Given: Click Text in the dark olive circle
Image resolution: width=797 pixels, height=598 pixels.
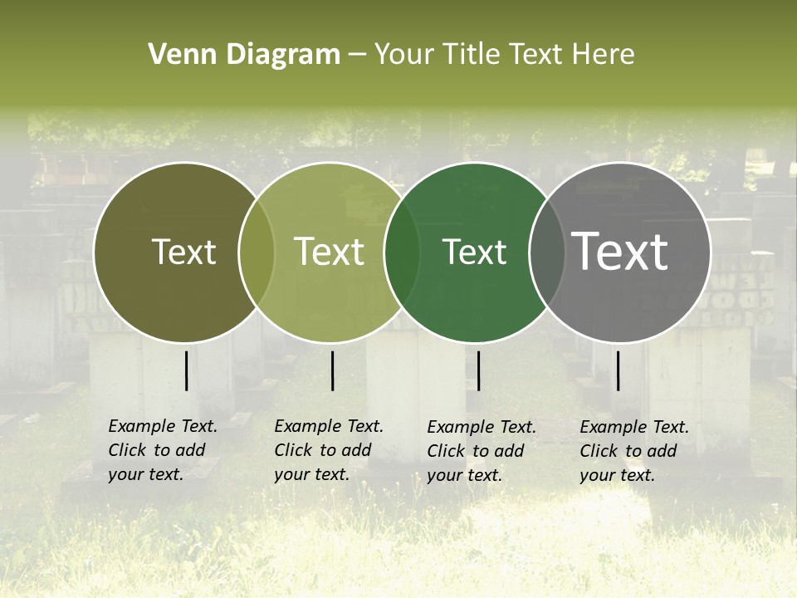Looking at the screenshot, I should click(x=183, y=252).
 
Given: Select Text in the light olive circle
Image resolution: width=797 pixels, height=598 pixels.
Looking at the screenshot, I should click(x=330, y=252).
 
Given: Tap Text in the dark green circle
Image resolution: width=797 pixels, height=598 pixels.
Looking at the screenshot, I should click(x=474, y=252).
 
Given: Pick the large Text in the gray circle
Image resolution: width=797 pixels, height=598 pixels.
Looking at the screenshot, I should click(x=620, y=252).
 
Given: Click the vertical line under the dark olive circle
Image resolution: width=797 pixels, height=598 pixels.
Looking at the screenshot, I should click(x=186, y=370).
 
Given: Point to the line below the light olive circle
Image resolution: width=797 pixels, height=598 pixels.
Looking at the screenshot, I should click(x=332, y=370).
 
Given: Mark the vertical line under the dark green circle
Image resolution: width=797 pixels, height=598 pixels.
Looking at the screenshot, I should click(x=478, y=370).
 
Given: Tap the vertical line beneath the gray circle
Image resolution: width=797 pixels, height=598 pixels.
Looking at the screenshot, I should click(x=618, y=370).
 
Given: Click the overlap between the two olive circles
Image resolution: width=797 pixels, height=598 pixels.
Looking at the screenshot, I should click(x=257, y=252).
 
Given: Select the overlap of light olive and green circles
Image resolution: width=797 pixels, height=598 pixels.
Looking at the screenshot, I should click(x=402, y=252).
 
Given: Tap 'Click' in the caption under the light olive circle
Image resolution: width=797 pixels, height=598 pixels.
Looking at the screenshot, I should click(x=293, y=450).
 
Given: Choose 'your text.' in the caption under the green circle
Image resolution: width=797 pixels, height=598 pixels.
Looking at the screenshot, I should click(x=464, y=475).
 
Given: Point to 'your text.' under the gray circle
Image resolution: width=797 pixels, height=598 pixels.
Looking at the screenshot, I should click(x=617, y=475).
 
